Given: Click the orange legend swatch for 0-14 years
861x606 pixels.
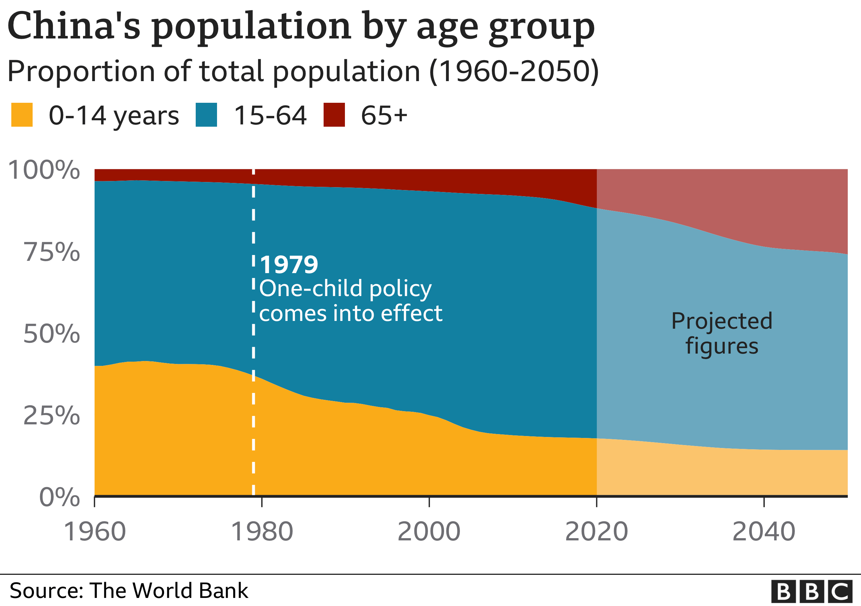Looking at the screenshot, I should tap(22, 115).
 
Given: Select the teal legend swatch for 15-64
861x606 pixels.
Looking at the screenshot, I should tap(206, 115).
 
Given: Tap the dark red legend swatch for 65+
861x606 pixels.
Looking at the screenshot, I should tap(334, 115).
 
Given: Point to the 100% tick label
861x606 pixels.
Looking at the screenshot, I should tap(44, 170).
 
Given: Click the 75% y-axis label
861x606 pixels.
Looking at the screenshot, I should tap(52, 252).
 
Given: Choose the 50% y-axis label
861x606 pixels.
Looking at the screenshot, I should tap(52, 334).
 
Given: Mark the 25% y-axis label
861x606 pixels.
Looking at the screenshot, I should tap(52, 416).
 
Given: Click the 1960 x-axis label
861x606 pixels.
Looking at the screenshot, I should tap(95, 532).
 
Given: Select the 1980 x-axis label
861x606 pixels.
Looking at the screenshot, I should tap(262, 532).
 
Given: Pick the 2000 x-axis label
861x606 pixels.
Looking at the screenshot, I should tap(429, 532).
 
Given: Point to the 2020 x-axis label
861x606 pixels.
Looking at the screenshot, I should tap(596, 532).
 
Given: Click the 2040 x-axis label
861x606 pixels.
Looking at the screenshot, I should tap(764, 532).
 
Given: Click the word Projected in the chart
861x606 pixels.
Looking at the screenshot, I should tap(721, 321).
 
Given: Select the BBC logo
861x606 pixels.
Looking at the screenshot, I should tap(812, 592).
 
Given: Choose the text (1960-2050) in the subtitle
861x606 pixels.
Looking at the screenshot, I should tap(514, 71).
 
